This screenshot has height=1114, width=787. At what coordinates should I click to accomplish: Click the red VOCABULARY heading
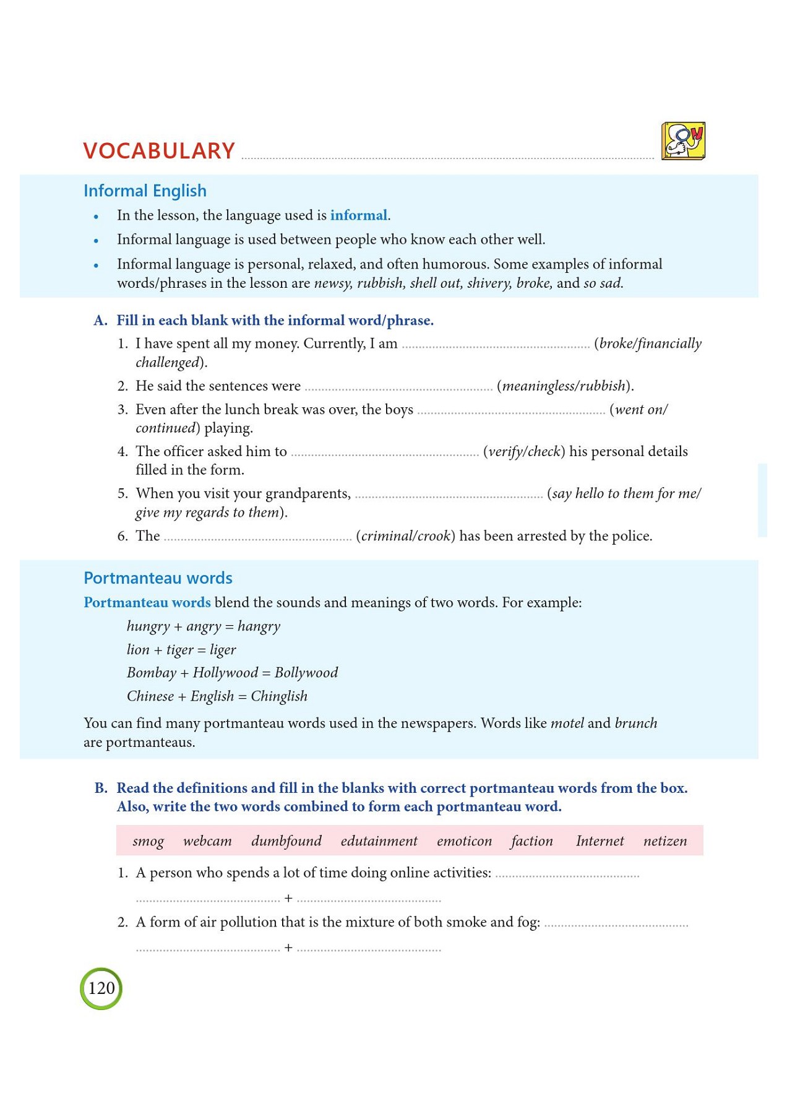click(x=159, y=151)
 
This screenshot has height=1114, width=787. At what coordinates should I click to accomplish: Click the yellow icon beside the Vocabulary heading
click(x=683, y=141)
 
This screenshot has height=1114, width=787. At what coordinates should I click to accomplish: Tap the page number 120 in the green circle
click(x=101, y=988)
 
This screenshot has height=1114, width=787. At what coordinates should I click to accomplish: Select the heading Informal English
click(x=145, y=191)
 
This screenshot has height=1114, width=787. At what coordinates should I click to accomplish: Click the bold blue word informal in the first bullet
click(x=358, y=215)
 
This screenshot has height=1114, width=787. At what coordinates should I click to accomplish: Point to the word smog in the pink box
click(x=148, y=841)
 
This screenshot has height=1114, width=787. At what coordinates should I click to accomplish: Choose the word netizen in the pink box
click(x=665, y=841)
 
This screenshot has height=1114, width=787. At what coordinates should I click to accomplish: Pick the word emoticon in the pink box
click(x=464, y=841)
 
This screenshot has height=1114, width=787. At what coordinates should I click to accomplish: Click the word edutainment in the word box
click(x=379, y=841)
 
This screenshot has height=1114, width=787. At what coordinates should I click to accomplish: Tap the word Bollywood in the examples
click(x=306, y=673)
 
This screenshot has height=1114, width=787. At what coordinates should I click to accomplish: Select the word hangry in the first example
click(x=259, y=626)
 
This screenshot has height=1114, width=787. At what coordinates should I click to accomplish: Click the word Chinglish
click(x=279, y=696)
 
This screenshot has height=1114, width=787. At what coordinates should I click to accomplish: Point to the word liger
click(x=223, y=650)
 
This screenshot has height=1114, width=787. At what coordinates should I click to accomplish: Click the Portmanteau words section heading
click(x=158, y=578)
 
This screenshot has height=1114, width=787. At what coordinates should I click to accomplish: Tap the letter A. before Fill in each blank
click(x=100, y=321)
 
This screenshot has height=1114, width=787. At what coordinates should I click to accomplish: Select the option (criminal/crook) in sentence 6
click(x=405, y=536)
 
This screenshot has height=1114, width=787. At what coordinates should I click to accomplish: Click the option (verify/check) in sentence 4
click(x=524, y=452)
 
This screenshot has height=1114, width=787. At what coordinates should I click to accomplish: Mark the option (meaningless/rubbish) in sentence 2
click(x=565, y=386)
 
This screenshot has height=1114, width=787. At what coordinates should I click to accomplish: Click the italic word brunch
click(x=636, y=723)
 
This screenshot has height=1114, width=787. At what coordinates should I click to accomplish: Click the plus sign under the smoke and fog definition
click(x=288, y=948)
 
